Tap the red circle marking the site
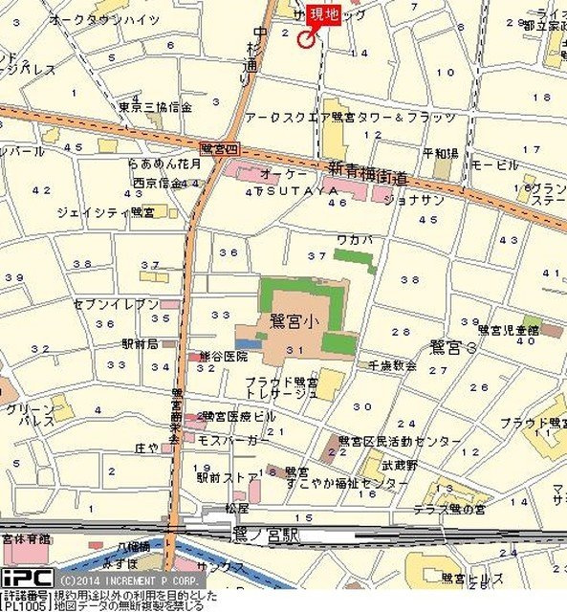pyautogui.click(x=306, y=39)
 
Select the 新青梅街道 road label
pyautogui.click(x=368, y=178)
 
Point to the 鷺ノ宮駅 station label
pyautogui.click(x=265, y=537)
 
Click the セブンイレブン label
pyautogui.click(x=117, y=303)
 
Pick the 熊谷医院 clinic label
pyautogui.click(x=223, y=356)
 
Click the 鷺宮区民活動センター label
pyautogui.click(x=399, y=442)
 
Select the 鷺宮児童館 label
pyautogui.click(x=508, y=329)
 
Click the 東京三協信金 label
pyautogui.click(x=155, y=106)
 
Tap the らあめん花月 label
pyautogui.click(x=164, y=164)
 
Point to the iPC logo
pyautogui.click(x=26, y=578)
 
